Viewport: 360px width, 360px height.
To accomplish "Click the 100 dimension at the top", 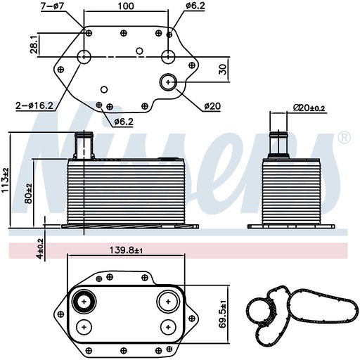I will click(126, 6).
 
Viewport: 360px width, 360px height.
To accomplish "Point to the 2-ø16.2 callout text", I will click(34, 106).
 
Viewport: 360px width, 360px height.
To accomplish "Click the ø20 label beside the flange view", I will click(212, 106).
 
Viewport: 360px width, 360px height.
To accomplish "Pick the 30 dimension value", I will click(223, 70).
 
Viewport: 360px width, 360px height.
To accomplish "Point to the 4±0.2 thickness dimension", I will click(40, 247).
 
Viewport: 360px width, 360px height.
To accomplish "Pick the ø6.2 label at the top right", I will click(195, 6).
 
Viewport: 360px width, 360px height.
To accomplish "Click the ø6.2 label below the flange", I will click(124, 121).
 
